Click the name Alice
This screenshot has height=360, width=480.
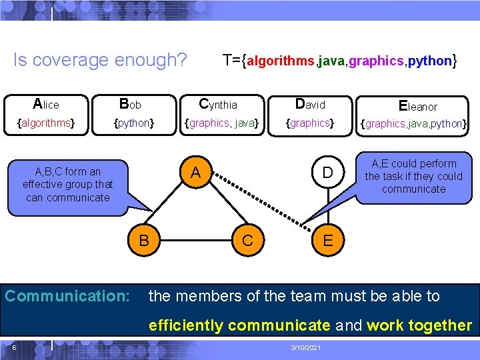(46, 104)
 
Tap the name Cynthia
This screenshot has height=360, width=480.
(218, 104)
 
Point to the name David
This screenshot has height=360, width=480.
(310, 104)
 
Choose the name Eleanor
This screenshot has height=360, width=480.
(417, 105)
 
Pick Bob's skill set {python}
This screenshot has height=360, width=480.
(134, 123)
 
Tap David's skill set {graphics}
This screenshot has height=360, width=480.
(309, 123)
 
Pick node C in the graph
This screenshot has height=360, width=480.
(248, 240)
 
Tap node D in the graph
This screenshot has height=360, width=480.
(327, 173)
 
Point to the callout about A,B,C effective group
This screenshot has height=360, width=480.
(67, 185)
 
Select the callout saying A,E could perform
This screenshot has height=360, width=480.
(413, 177)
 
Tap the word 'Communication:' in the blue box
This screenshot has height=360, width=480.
(67, 295)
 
